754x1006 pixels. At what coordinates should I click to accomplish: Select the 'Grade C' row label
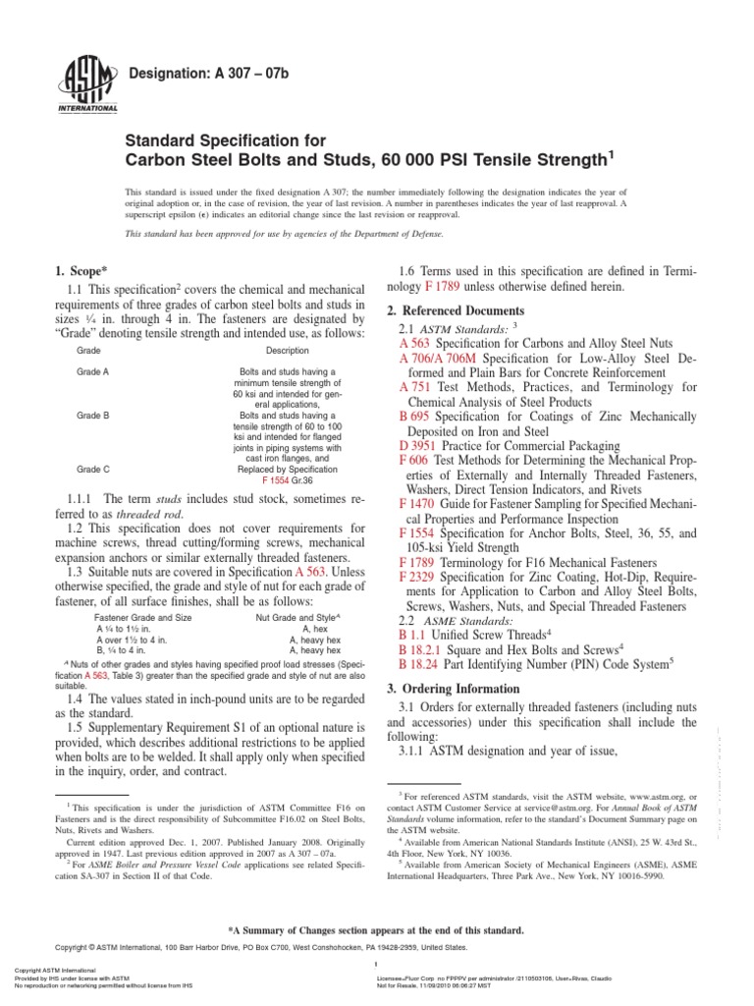[93, 470]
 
